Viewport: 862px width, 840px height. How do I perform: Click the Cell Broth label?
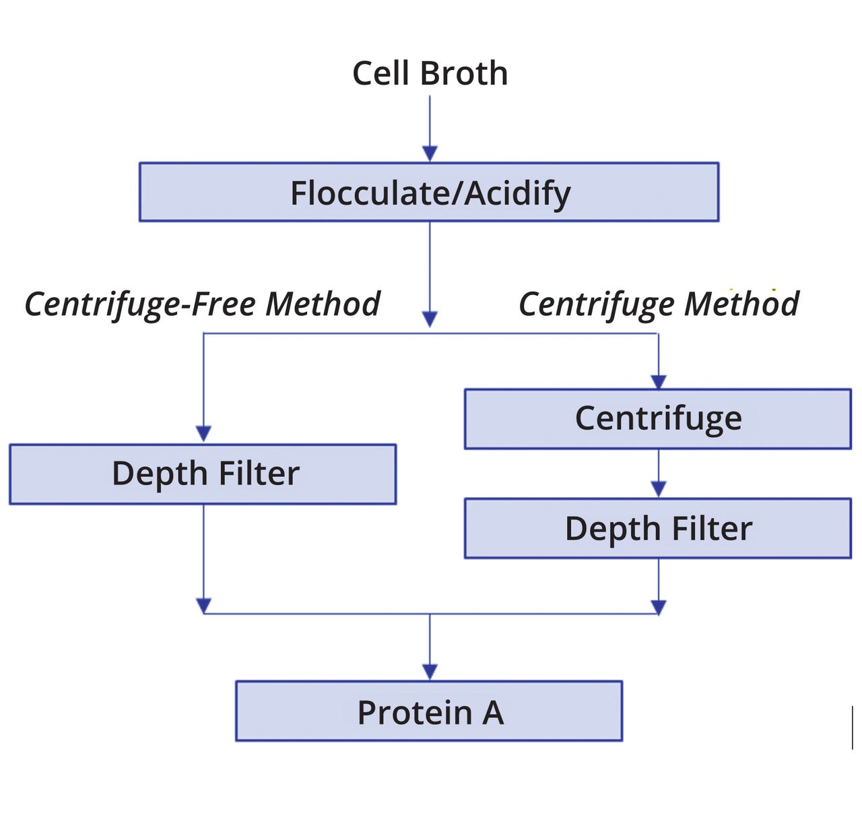430,73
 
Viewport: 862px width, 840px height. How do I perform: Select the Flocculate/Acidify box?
429,192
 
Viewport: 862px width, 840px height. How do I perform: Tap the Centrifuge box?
658,418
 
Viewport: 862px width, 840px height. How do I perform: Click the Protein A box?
429,711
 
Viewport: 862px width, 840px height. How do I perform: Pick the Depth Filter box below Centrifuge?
658,528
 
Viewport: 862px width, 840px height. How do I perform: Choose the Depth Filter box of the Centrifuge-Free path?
203,474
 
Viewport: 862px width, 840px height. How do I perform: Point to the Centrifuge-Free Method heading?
202,304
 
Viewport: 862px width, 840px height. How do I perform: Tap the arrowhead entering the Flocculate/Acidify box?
430,154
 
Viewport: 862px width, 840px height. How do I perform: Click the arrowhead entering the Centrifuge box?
659,381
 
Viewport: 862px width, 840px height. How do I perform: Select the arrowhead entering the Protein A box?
430,672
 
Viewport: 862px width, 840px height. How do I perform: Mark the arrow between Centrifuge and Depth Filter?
659,474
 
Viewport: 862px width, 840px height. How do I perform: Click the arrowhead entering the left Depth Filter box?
203,434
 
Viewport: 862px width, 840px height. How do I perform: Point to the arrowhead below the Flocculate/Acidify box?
430,319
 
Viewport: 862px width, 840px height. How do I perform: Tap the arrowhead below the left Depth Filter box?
203,606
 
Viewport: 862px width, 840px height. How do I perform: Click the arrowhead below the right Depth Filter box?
659,607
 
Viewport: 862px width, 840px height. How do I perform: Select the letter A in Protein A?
493,712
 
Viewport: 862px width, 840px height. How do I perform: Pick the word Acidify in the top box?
518,193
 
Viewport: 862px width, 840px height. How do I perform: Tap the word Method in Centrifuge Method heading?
741,304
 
